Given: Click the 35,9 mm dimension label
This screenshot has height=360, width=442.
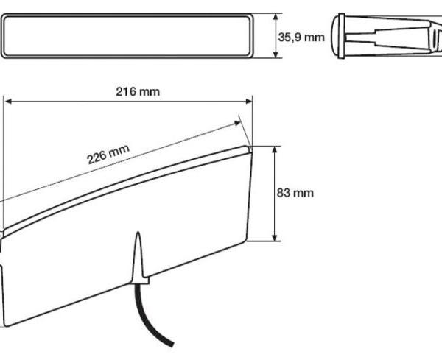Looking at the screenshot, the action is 301,38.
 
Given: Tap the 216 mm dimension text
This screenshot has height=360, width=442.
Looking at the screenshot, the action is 138,91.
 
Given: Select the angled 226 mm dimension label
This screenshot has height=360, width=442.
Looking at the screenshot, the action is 108,154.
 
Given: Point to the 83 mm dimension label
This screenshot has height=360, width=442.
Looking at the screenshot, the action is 295,193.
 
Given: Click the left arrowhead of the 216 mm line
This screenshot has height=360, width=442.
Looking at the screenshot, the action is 8,101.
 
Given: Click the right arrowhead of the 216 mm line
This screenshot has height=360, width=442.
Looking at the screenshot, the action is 249,101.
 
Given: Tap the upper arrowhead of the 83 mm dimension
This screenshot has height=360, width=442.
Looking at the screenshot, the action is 275,149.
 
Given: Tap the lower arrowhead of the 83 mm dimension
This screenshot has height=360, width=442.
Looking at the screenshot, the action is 275,238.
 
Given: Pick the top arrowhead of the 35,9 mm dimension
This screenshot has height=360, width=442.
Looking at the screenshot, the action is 276,17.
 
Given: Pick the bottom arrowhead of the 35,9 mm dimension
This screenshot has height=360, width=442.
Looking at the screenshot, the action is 276,54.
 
